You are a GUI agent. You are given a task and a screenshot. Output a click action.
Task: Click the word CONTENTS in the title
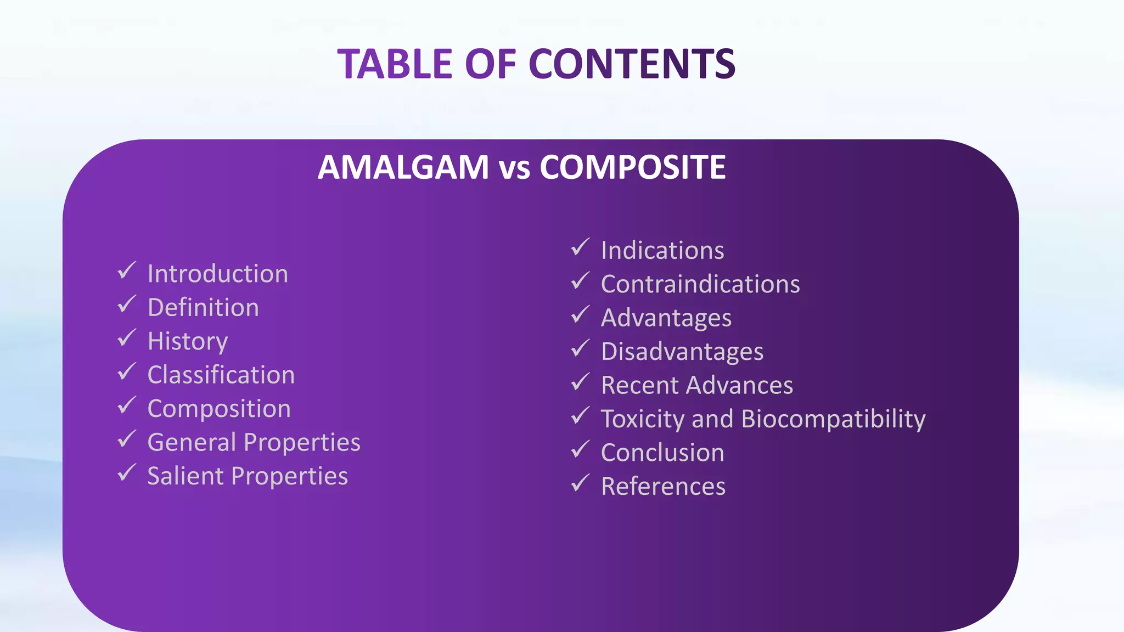click(x=632, y=64)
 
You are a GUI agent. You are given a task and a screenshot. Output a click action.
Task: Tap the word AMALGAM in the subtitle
click(x=403, y=167)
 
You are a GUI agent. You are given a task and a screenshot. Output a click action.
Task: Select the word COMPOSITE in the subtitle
click(x=632, y=167)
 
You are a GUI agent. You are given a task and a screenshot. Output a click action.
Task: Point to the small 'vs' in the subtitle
click(x=514, y=169)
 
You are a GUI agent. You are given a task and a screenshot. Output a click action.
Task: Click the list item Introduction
click(x=217, y=274)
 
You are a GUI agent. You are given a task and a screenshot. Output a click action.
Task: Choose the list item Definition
click(x=203, y=307)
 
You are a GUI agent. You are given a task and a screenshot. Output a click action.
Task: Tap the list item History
click(x=188, y=341)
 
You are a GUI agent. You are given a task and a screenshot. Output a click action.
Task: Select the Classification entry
click(x=221, y=375)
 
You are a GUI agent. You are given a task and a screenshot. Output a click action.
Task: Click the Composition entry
click(x=219, y=409)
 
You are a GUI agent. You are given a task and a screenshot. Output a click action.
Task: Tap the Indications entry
click(x=662, y=250)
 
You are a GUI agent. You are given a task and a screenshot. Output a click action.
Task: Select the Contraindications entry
click(x=700, y=284)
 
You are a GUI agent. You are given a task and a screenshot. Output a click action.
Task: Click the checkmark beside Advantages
click(x=580, y=315)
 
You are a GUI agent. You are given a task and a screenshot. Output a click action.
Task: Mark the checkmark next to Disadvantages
click(x=580, y=348)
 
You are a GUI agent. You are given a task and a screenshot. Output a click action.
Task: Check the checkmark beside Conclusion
click(x=580, y=449)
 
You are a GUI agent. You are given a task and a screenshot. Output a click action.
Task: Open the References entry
click(x=663, y=487)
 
